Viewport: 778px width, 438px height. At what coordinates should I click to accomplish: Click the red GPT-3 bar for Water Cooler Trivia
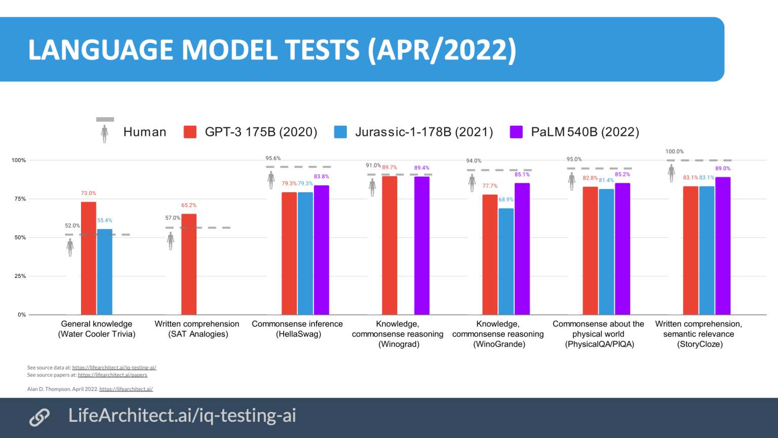pos(89,259)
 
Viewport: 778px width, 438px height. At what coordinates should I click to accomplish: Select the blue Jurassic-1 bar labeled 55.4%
pos(105,272)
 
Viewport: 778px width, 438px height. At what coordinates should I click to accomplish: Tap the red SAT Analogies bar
pos(189,265)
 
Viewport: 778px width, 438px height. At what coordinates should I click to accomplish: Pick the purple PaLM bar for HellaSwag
pos(321,250)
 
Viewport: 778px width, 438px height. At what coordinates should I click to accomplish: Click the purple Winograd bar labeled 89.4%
pos(422,246)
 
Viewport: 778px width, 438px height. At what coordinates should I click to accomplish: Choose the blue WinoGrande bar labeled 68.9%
pos(506,262)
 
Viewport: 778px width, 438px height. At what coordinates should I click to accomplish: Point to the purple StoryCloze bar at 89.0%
pos(723,246)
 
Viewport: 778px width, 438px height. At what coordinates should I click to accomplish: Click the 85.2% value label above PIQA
pos(623,174)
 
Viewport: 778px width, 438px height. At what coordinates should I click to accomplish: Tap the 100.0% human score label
pos(674,152)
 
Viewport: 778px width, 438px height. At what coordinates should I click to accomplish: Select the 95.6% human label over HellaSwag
pos(273,159)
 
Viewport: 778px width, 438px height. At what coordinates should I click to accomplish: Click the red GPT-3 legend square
pos(190,132)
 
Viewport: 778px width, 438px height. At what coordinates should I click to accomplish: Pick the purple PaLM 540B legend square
pos(516,132)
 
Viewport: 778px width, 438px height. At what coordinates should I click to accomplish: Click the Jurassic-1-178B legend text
pos(424,132)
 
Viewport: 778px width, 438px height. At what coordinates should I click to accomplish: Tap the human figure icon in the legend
pos(105,133)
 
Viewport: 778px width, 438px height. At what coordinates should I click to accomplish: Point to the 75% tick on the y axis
pos(20,199)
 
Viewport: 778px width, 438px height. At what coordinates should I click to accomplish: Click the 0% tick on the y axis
pos(21,315)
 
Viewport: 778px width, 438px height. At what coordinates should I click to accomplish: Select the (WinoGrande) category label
pos(499,344)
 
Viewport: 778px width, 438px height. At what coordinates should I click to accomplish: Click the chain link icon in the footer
pos(40,417)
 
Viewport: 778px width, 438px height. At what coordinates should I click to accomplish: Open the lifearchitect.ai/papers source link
pos(112,375)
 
